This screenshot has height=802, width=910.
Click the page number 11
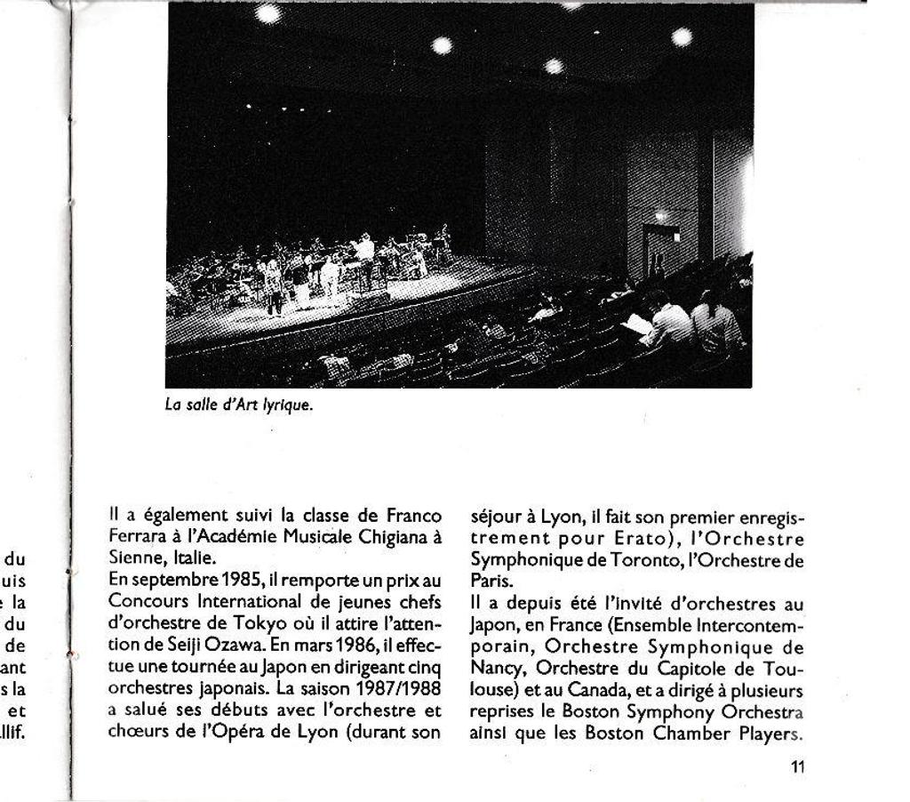[797, 767]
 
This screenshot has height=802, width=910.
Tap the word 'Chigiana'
[393, 537]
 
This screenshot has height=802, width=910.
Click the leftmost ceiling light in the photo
[267, 13]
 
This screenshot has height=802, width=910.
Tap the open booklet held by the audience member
[637, 325]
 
